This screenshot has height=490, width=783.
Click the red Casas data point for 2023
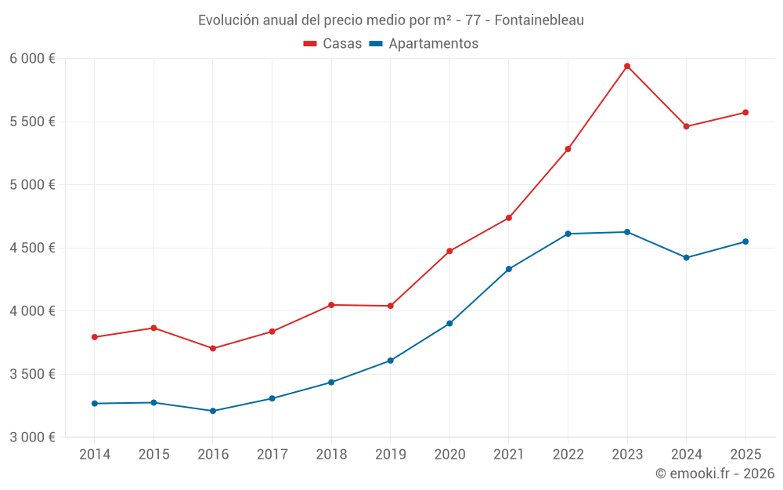627,66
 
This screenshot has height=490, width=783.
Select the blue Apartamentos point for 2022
568,234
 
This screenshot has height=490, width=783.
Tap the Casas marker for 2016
213,348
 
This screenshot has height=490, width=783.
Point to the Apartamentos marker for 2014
95,403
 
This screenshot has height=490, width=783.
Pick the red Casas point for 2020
449,251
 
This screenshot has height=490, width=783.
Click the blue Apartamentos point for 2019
390,361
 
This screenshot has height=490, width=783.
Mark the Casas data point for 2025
745,112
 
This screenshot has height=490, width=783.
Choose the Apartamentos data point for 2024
687,257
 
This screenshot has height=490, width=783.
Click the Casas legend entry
333,44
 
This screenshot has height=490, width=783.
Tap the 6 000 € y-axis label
32,59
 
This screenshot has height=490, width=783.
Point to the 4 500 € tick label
32,248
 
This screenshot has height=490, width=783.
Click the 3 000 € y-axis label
32,437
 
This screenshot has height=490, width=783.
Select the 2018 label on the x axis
331,455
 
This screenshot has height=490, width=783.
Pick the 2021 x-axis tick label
509,455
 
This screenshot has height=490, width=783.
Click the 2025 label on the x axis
745,455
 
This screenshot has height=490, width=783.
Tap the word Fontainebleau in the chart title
539,20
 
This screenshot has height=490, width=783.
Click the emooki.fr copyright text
714,474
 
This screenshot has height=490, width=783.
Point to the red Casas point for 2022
568,149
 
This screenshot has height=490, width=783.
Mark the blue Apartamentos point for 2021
509,269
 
